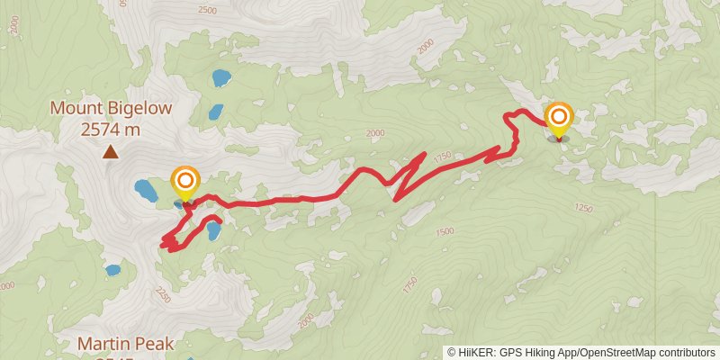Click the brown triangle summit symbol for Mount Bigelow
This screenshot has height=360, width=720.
[111, 152]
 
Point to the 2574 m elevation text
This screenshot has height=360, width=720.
[111, 129]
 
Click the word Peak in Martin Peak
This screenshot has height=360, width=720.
[153, 343]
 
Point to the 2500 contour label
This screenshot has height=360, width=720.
[207, 11]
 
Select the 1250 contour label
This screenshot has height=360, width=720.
[583, 209]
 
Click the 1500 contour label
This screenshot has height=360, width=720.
[445, 232]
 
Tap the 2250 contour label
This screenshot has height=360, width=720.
[163, 292]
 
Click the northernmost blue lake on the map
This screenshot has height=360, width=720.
[220, 78]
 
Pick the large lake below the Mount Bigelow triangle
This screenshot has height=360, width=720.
[145, 190]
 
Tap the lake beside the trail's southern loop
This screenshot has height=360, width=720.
[212, 231]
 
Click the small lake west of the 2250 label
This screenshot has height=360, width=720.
[112, 270]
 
